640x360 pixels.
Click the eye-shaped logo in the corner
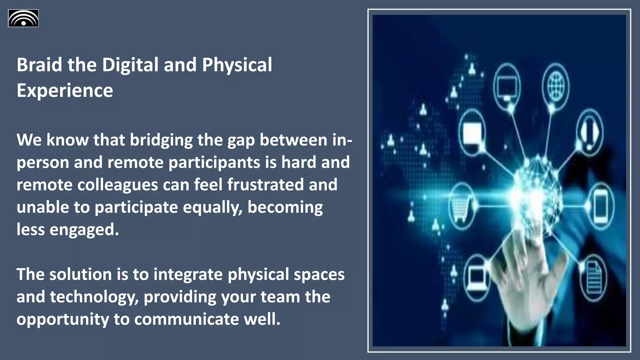(23, 18)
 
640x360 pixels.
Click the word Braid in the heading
(39, 65)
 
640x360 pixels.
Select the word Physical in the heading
(237, 65)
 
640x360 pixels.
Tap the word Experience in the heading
(65, 90)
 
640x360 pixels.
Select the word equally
(212, 207)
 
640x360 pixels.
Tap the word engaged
(84, 230)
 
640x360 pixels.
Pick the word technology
(94, 297)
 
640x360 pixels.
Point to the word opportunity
(62, 319)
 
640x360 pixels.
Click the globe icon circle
(556, 85)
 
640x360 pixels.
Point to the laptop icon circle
(476, 277)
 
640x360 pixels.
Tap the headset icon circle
(589, 131)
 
